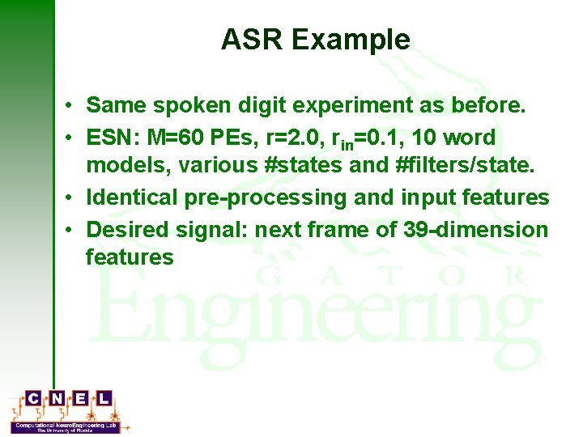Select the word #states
tap(308, 165)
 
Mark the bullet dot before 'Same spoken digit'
tap(71, 105)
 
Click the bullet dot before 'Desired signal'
tap(71, 230)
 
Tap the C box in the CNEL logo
tap(33, 398)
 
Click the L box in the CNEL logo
tap(104, 398)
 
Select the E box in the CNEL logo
tap(80, 398)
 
